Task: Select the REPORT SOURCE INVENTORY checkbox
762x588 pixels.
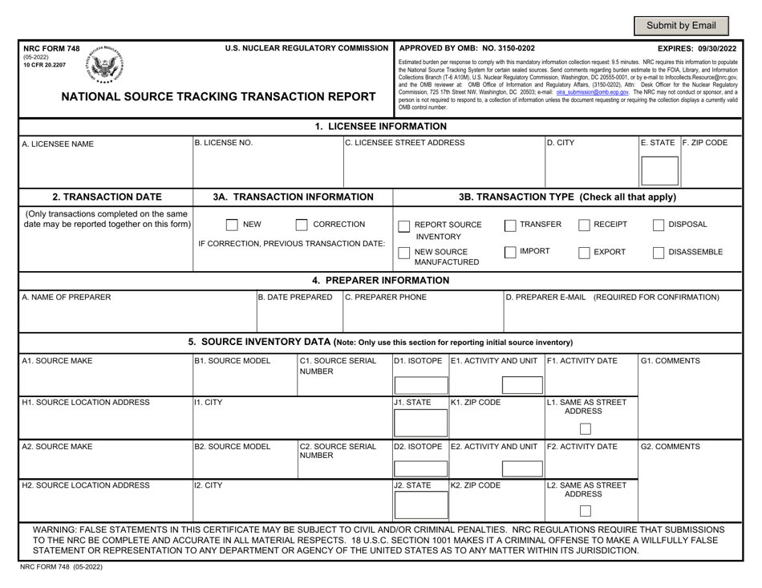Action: [x=405, y=225]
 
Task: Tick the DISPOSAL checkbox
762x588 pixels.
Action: [x=659, y=225]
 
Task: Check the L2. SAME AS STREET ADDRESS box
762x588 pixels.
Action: [x=586, y=511]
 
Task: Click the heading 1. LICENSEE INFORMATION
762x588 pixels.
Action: [x=380, y=126]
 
